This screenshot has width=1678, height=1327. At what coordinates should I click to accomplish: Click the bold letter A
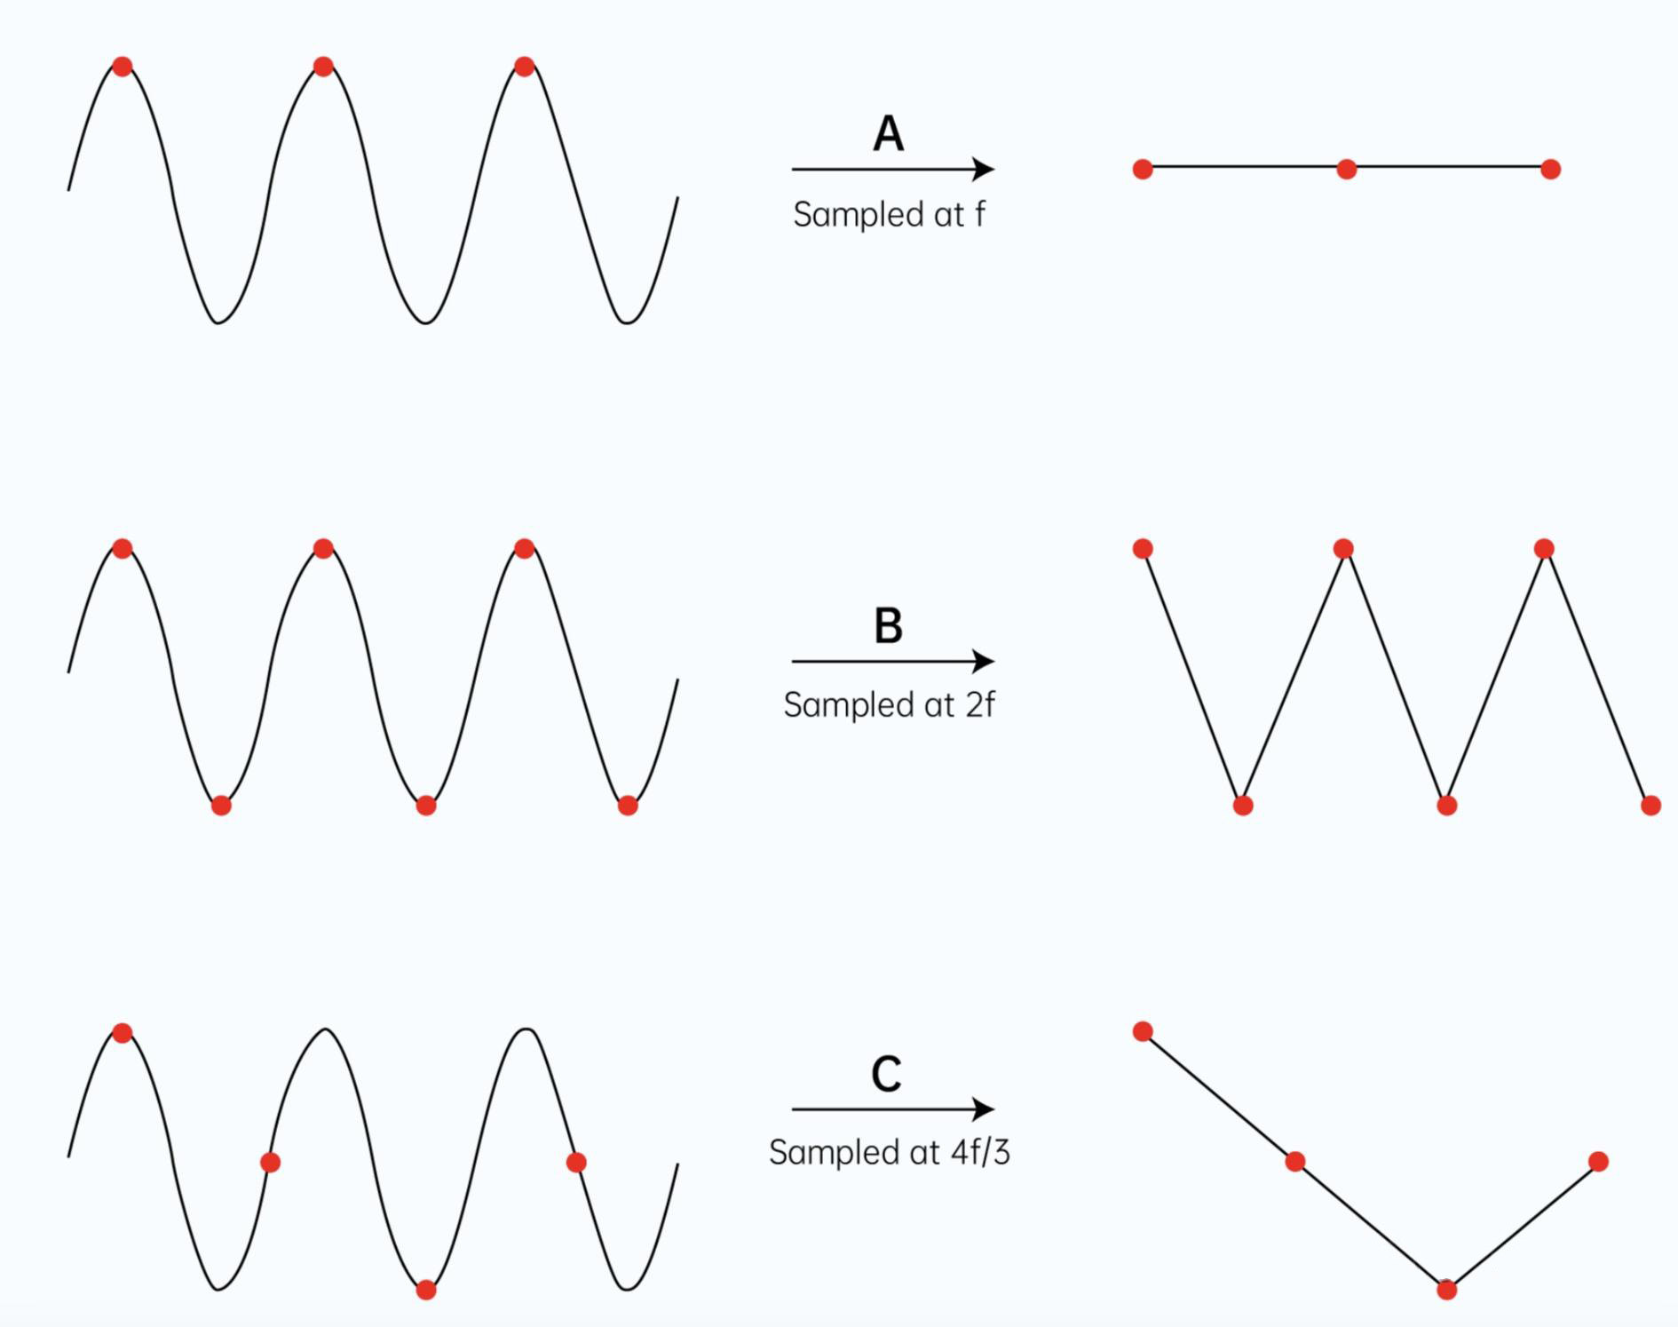click(x=888, y=134)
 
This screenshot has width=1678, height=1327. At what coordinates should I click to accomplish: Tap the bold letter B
click(x=888, y=625)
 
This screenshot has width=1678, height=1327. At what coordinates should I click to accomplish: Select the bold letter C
click(x=886, y=1074)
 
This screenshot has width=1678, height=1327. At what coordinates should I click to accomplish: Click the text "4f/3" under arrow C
click(x=980, y=1152)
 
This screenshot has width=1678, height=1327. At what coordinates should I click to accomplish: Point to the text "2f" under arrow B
click(x=980, y=704)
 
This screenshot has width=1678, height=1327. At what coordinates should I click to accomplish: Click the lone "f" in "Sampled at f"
click(x=979, y=214)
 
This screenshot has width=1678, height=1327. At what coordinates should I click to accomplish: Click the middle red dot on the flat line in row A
click(x=1346, y=169)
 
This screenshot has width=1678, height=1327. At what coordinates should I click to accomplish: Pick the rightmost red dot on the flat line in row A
click(x=1550, y=169)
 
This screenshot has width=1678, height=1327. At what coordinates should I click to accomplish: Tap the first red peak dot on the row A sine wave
click(x=123, y=66)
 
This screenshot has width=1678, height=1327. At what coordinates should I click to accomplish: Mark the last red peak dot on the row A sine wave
click(x=524, y=66)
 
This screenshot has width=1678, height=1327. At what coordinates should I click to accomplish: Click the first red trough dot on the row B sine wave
click(x=221, y=806)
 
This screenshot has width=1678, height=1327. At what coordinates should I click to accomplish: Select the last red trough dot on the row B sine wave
click(x=627, y=806)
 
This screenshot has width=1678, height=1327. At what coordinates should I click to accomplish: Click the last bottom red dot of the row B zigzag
click(x=1650, y=806)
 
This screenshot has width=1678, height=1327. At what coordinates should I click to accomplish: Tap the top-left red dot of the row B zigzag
click(x=1143, y=549)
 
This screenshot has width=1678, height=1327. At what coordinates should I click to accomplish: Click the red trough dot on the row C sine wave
click(x=426, y=1290)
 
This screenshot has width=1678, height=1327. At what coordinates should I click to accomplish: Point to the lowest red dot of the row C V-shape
click(x=1446, y=1290)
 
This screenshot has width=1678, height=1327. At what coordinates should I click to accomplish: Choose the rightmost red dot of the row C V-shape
click(x=1598, y=1161)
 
